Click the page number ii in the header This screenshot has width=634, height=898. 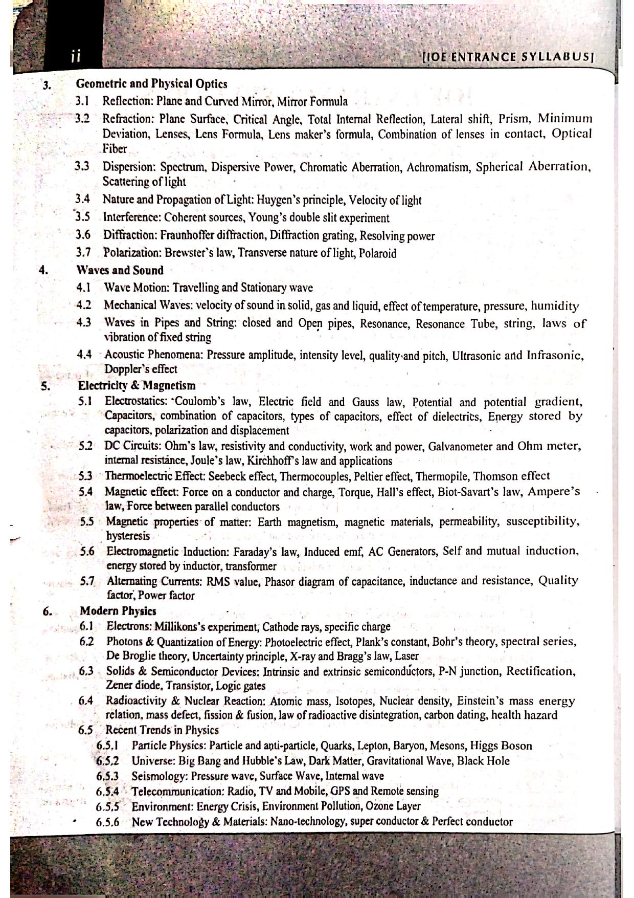[75, 56]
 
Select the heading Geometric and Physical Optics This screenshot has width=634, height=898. [151, 83]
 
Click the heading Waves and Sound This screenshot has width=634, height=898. [120, 270]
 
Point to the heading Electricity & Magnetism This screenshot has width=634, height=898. [137, 385]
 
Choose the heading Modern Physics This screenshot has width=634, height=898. [118, 611]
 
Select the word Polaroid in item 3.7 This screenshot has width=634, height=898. [377, 253]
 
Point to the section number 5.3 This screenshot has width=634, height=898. [86, 476]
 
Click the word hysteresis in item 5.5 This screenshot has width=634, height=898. [128, 536]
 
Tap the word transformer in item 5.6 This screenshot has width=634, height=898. [251, 566]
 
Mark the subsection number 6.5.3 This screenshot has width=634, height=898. [107, 776]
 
